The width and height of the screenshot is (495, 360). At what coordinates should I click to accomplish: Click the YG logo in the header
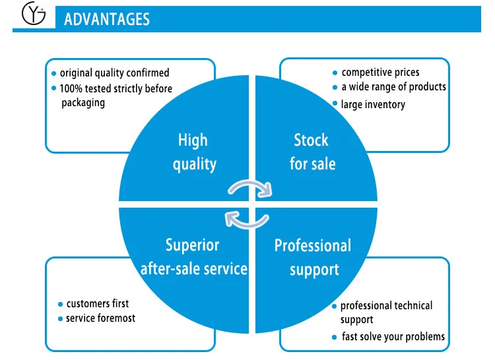[x=33, y=15]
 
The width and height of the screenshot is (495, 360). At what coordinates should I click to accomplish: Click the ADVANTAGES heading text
[x=107, y=20]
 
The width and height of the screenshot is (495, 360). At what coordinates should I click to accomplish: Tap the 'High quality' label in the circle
[x=193, y=152]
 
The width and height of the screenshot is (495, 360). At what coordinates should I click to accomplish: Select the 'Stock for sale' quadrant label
[x=312, y=151]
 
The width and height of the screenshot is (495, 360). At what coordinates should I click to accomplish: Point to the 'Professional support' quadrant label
[x=313, y=257]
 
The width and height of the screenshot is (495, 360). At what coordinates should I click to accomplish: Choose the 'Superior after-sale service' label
[x=193, y=256]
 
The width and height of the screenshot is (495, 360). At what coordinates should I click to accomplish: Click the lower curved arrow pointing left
[x=246, y=217]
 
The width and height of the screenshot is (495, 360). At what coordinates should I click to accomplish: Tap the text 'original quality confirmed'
[x=114, y=73]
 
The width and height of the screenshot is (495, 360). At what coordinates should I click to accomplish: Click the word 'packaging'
[x=83, y=103]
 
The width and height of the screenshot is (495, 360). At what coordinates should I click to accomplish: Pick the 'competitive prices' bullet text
[x=380, y=72]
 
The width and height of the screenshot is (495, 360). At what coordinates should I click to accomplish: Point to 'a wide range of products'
[x=393, y=87]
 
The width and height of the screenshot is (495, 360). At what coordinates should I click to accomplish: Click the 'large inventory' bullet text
[x=373, y=104]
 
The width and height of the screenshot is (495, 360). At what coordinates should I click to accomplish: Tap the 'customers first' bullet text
[x=97, y=304]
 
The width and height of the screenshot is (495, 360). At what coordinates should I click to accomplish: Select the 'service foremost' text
[x=101, y=318]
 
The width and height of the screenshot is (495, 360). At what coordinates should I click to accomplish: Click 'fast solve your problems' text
[x=393, y=337]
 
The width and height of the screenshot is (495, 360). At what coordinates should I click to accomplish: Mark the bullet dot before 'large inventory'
[x=335, y=104]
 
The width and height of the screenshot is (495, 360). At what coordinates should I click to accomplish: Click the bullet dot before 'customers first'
[x=60, y=304]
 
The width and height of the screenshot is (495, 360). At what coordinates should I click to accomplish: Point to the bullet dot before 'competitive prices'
[x=335, y=73]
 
